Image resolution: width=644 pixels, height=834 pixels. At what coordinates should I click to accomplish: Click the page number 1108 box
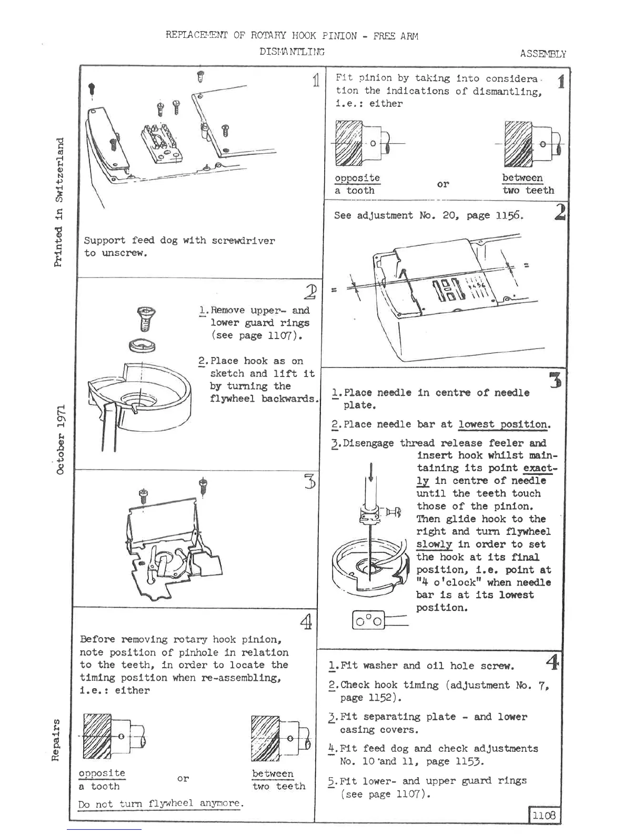(544, 815)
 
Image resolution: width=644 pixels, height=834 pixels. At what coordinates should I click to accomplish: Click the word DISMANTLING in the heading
(292, 52)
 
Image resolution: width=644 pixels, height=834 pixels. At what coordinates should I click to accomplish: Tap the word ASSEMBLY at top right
(543, 54)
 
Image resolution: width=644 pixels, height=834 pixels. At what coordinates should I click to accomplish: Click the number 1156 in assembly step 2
(509, 215)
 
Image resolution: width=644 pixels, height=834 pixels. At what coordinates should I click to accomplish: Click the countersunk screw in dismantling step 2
(143, 320)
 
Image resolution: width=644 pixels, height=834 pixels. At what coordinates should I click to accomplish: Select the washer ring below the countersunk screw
(143, 346)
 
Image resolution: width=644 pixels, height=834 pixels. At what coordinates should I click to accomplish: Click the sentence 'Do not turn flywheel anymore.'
(161, 804)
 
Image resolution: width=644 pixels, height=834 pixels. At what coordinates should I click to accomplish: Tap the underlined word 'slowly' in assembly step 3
(434, 544)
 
